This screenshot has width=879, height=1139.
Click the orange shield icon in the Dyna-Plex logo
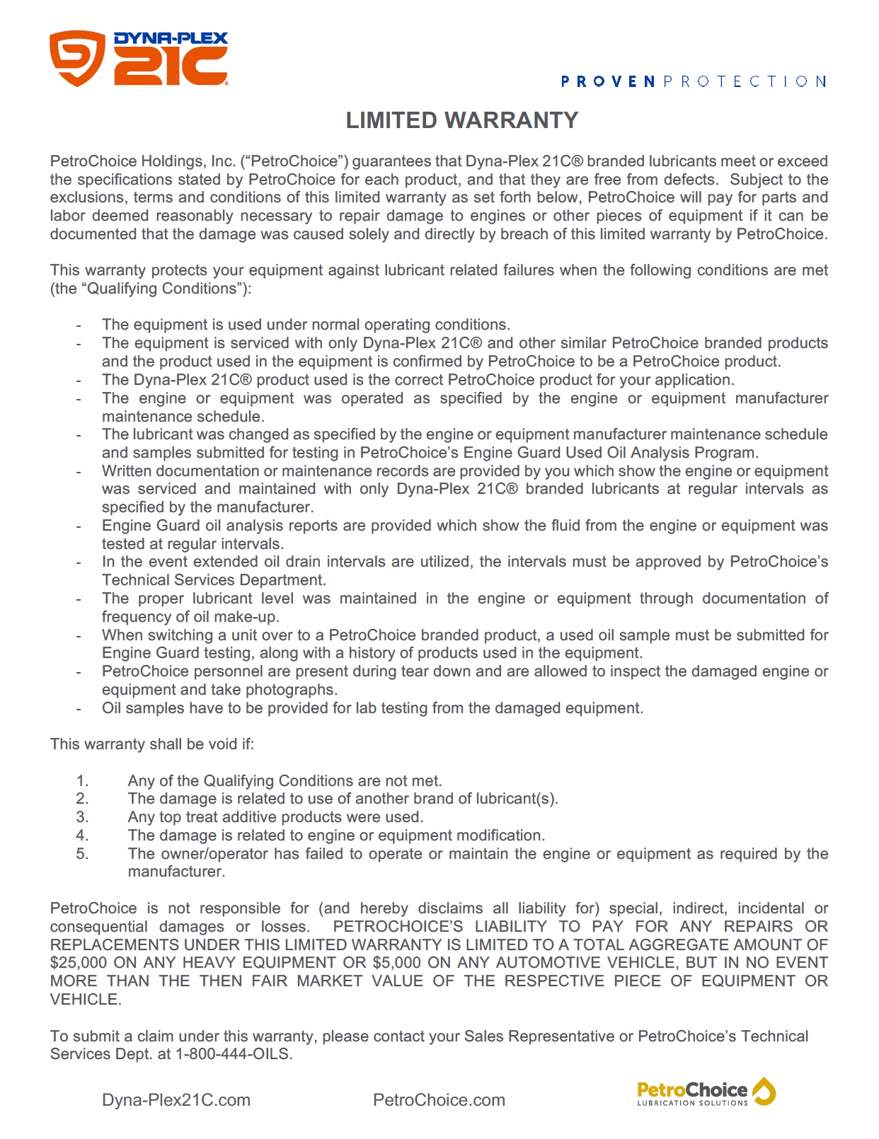(77, 57)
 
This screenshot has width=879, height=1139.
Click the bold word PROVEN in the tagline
(608, 82)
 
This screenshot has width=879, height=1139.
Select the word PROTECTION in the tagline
(745, 82)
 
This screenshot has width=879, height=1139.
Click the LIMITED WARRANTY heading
(461, 120)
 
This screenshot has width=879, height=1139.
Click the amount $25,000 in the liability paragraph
(78, 963)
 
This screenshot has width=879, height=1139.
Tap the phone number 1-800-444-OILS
(233, 1054)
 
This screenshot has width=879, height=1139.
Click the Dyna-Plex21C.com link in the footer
(176, 1100)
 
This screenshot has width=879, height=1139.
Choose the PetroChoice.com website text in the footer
(439, 1100)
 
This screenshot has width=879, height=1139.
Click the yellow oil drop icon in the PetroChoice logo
(764, 1091)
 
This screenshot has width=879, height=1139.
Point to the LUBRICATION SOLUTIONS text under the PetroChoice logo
(692, 1103)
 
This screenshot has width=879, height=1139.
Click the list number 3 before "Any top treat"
(82, 817)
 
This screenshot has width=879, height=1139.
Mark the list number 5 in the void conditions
(82, 854)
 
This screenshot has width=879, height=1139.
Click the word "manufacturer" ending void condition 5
(175, 872)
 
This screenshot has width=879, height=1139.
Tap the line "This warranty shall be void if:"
(152, 744)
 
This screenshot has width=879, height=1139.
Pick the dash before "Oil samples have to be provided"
(79, 709)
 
